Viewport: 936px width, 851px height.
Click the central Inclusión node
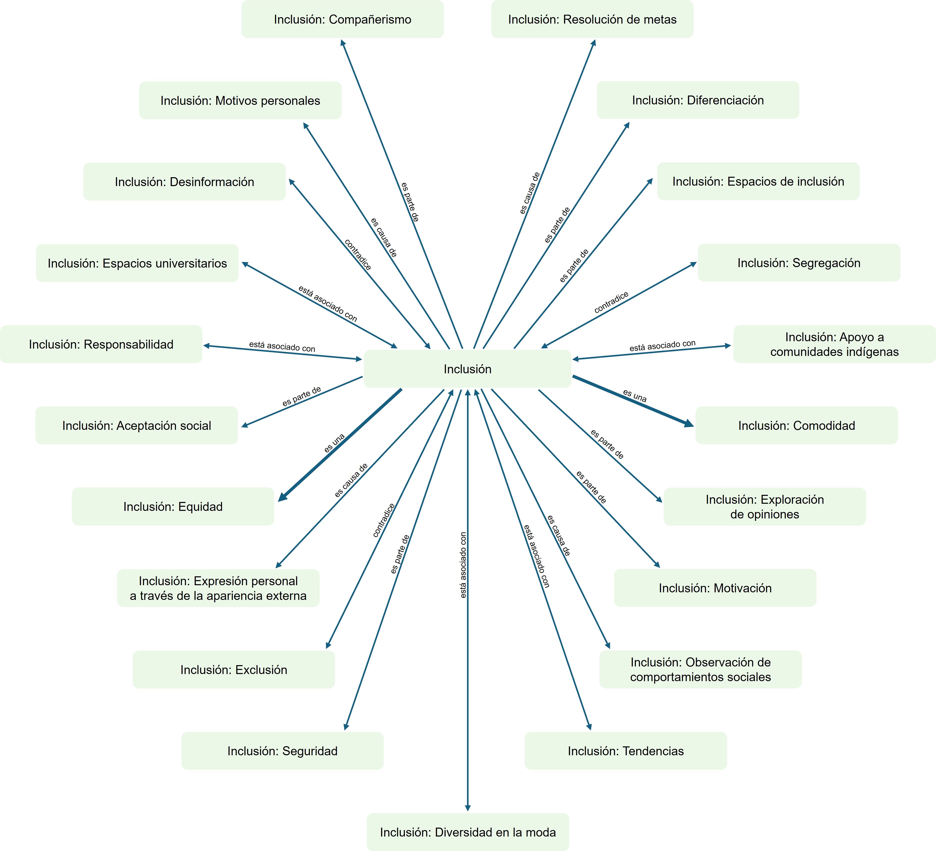tap(467, 369)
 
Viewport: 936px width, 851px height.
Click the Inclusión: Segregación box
tap(799, 263)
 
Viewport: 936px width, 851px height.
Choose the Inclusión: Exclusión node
tap(233, 670)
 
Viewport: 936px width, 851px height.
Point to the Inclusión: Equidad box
tap(173, 506)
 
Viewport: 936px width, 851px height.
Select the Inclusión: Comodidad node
tap(796, 425)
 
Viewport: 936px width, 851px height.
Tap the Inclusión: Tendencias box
tap(625, 751)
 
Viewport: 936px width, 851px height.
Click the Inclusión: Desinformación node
tap(184, 181)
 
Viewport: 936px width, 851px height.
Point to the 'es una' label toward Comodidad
tap(635, 396)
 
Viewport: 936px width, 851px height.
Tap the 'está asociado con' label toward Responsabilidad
tap(282, 346)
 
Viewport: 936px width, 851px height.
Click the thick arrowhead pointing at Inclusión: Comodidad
tap(689, 423)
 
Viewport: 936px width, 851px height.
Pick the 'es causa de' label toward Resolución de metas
tap(530, 193)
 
